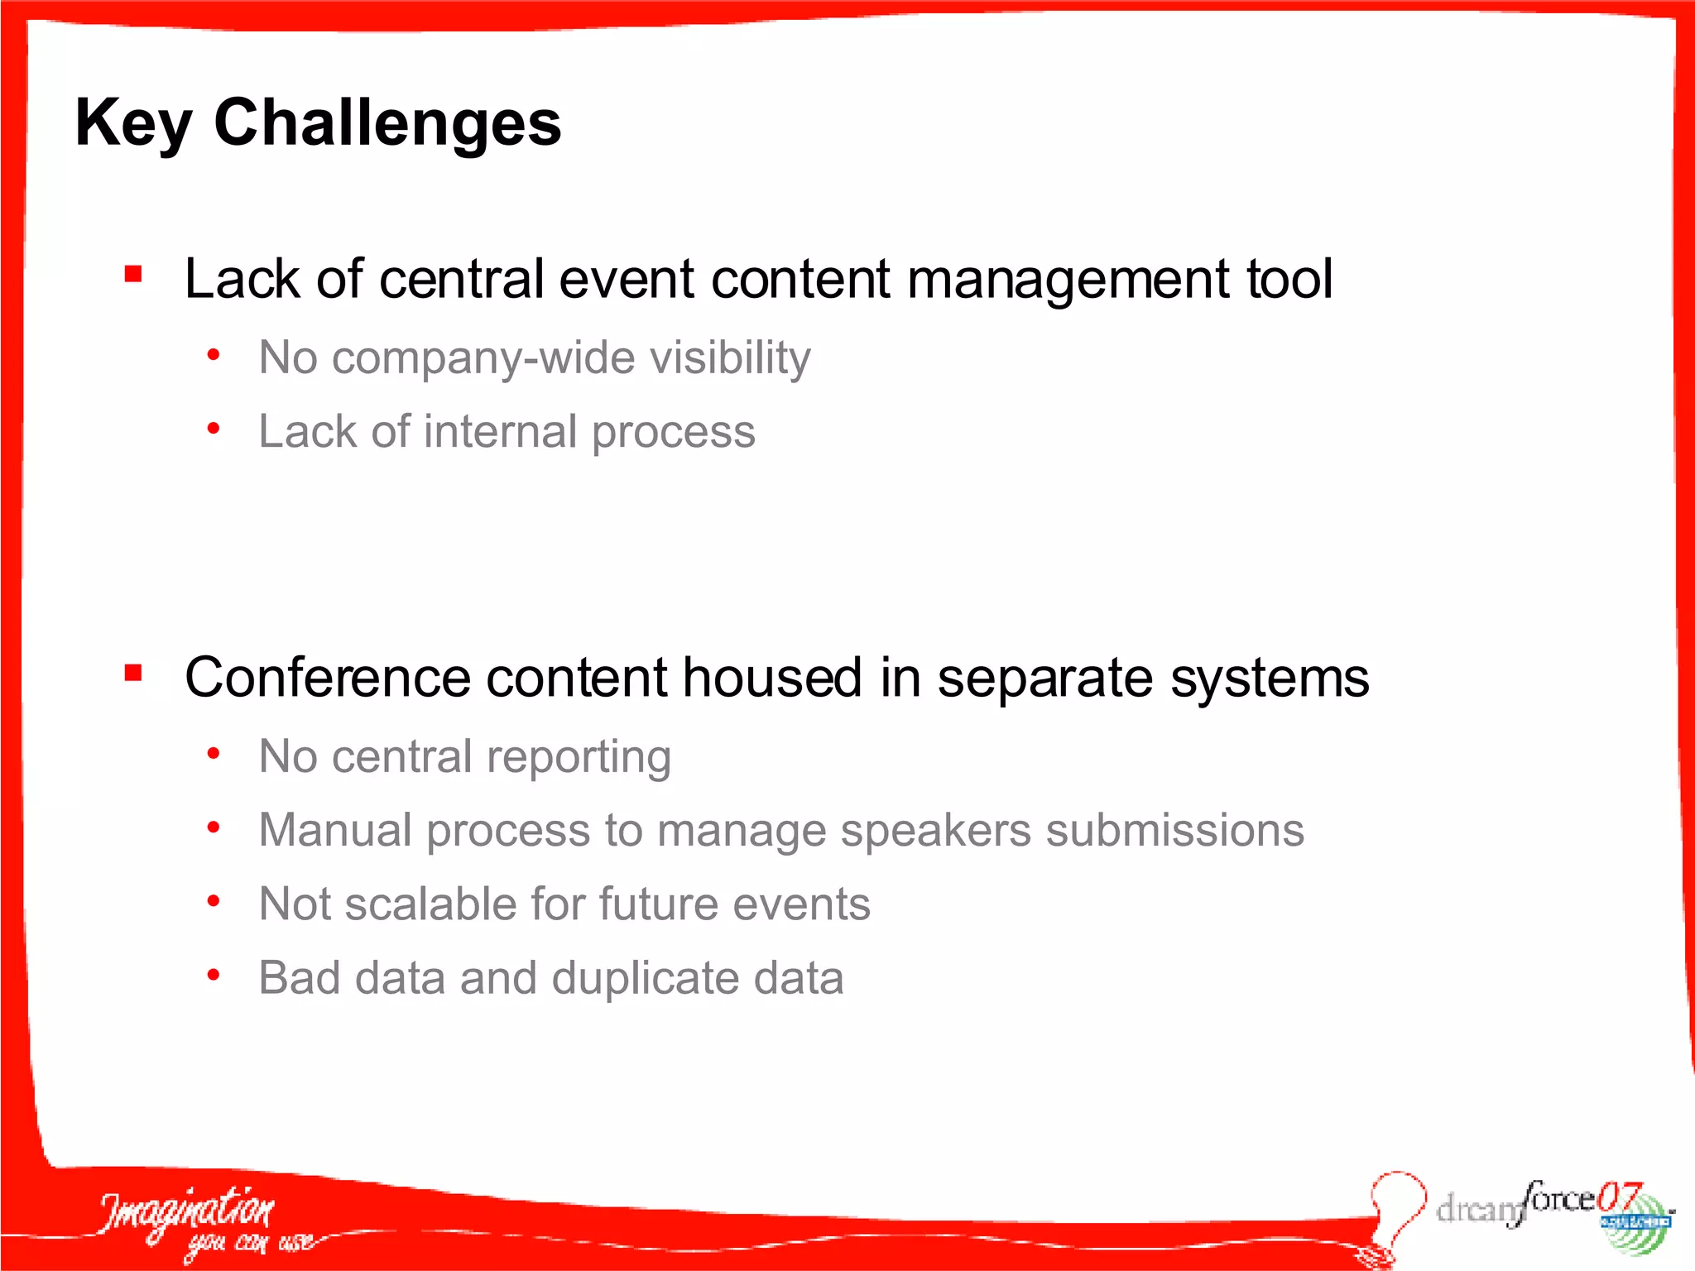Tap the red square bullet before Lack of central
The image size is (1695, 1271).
pos(133,274)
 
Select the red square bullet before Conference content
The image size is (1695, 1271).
pos(133,673)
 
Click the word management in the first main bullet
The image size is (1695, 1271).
pos(1068,279)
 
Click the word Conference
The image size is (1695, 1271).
pos(328,678)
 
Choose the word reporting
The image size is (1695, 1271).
pos(579,757)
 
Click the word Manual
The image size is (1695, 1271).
pos(335,830)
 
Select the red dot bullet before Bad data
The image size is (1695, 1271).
pos(214,976)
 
